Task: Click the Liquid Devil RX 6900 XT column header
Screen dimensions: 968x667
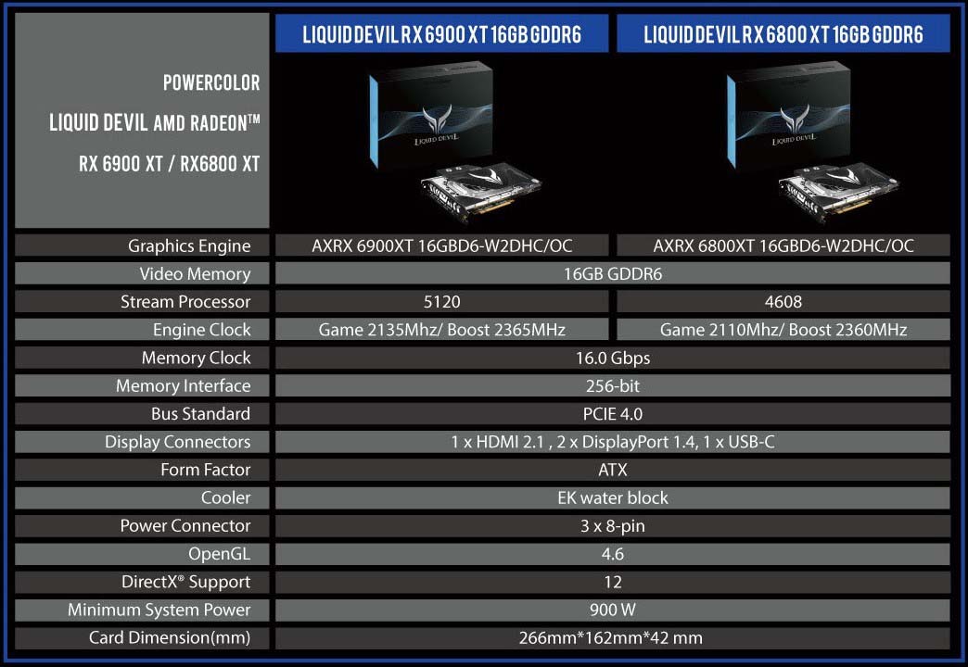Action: [442, 34]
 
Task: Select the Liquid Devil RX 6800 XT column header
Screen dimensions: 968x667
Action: [783, 34]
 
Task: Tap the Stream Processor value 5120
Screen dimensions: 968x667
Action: [442, 302]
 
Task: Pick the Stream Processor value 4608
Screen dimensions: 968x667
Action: [783, 302]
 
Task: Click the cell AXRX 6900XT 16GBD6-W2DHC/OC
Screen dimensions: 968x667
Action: [442, 245]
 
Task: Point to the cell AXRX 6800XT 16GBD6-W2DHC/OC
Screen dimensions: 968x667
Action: [783, 245]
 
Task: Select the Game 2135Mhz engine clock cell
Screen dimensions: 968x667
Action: [442, 330]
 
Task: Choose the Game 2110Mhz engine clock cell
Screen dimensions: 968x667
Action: [783, 330]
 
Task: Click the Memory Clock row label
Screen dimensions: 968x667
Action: [197, 358]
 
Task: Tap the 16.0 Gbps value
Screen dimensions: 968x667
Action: [613, 358]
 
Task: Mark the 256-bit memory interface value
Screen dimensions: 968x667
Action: [613, 385]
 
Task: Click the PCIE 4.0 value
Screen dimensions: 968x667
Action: [613, 414]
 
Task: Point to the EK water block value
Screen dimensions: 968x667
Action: [613, 498]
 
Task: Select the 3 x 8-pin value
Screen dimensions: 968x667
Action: [613, 525]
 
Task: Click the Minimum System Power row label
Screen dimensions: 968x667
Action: [159, 610]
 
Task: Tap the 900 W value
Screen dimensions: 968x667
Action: [613, 610]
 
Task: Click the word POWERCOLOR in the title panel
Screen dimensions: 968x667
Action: [211, 82]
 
